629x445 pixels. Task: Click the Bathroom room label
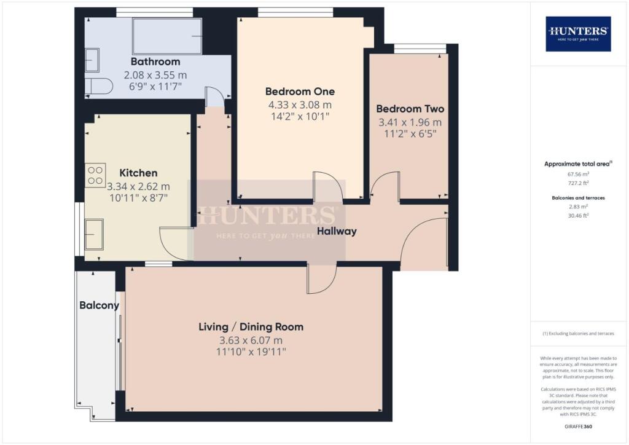coord(155,61)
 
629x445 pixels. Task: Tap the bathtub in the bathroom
coord(167,36)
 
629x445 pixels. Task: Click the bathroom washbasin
coord(93,61)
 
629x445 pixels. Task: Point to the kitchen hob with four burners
coord(96,175)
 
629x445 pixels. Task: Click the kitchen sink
coord(94,234)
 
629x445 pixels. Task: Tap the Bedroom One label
coord(300,92)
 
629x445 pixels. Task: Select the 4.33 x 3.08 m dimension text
coord(300,104)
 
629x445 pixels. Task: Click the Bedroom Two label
coord(410,109)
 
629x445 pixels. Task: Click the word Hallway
coord(337,232)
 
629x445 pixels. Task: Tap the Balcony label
coord(98,305)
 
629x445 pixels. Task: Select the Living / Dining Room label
coord(251,326)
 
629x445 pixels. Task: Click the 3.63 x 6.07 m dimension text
coord(251,339)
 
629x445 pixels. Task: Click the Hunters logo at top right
coord(578,33)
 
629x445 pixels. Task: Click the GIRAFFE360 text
coord(578,426)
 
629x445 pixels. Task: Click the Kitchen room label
coord(138,173)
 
